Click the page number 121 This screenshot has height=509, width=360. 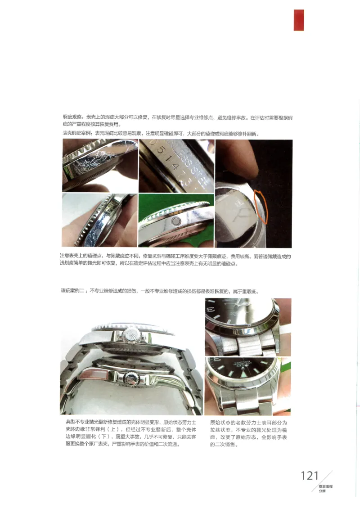[x=310, y=476]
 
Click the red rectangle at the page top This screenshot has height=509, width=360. [x=299, y=20]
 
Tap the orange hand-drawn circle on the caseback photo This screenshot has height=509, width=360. [x=261, y=206]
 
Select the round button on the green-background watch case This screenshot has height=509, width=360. [x=176, y=221]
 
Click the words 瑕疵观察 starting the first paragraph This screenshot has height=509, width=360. [x=72, y=117]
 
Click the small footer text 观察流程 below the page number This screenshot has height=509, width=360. [x=325, y=487]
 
